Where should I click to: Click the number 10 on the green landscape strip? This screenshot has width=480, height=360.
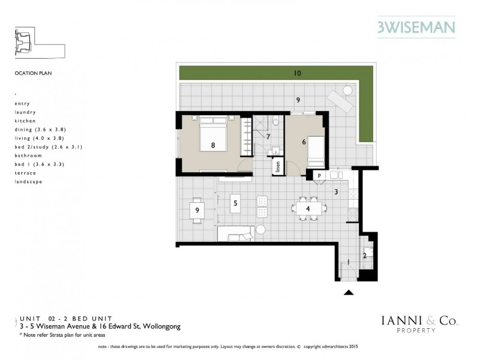tap(297, 73)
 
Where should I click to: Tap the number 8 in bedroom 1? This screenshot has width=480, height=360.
tap(213, 145)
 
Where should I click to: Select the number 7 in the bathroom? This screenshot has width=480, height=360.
tap(268, 137)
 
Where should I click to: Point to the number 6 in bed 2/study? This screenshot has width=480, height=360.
tap(304, 142)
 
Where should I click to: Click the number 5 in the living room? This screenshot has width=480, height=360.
tap(236, 203)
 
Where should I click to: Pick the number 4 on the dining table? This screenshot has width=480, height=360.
tap(308, 209)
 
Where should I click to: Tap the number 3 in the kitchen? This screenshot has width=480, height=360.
tap(337, 192)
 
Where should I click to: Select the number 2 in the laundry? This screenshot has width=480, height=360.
tap(364, 255)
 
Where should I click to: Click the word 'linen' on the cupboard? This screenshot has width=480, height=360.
tap(278, 166)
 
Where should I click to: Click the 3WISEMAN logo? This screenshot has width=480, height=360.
tap(416, 26)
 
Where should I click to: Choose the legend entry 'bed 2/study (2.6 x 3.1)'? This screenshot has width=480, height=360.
tap(48, 146)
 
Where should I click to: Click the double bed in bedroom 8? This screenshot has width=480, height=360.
tap(213, 138)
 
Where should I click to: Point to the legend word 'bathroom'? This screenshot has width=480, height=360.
tap(28, 155)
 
